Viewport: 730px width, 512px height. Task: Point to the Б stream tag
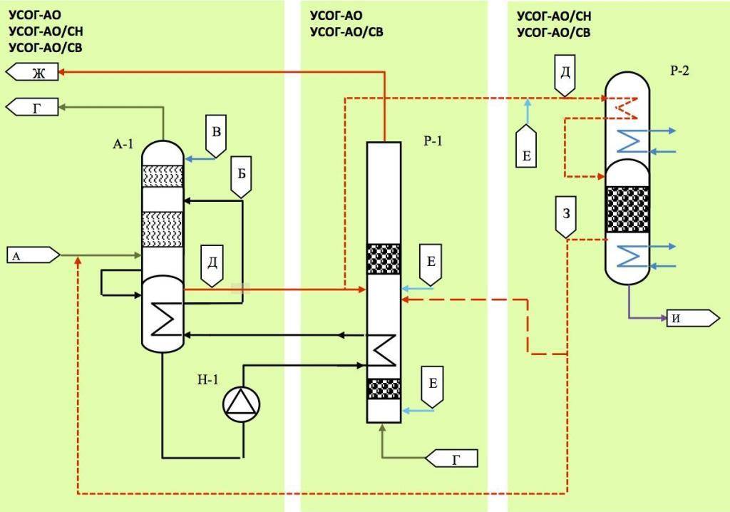pyautogui.click(x=241, y=178)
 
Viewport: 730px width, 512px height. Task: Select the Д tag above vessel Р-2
pyautogui.click(x=566, y=76)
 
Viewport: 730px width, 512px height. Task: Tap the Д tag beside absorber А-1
pyautogui.click(x=212, y=265)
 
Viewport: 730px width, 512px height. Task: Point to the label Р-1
pyautogui.click(x=433, y=141)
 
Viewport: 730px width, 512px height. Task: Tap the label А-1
pyautogui.click(x=123, y=144)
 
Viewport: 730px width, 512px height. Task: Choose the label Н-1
pyautogui.click(x=207, y=379)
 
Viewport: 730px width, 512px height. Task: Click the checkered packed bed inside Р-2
pyautogui.click(x=627, y=209)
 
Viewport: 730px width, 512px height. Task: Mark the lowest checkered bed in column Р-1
pyautogui.click(x=383, y=389)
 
